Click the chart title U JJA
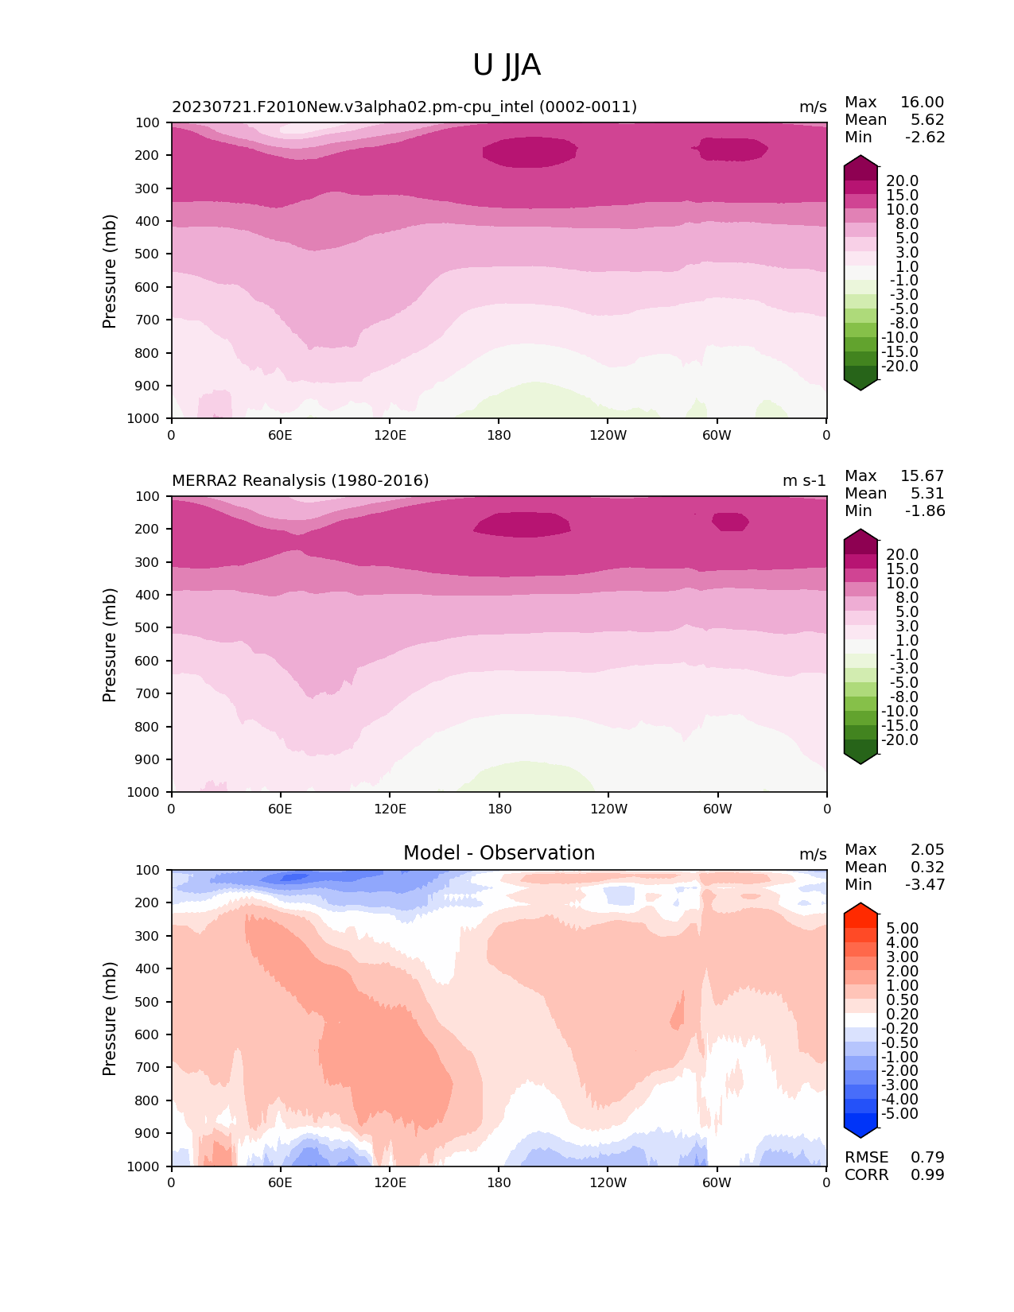[x=507, y=65]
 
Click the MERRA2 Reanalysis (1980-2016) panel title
[x=300, y=481]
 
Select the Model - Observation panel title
[x=499, y=853]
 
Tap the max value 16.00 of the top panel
[x=922, y=103]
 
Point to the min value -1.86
[x=925, y=511]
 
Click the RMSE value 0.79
[x=927, y=1157]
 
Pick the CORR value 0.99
[x=927, y=1174]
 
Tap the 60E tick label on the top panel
[x=280, y=435]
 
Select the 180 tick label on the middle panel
[x=499, y=809]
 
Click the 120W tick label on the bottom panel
[x=608, y=1182]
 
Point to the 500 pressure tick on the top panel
[x=149, y=254]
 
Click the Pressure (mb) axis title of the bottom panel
[x=110, y=1019]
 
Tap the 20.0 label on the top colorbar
[x=902, y=181]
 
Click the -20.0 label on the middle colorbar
[x=899, y=740]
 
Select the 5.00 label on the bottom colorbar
[x=902, y=929]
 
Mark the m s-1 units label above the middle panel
[x=804, y=481]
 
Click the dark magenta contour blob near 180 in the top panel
[x=530, y=151]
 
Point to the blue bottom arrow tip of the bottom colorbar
[x=861, y=1132]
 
